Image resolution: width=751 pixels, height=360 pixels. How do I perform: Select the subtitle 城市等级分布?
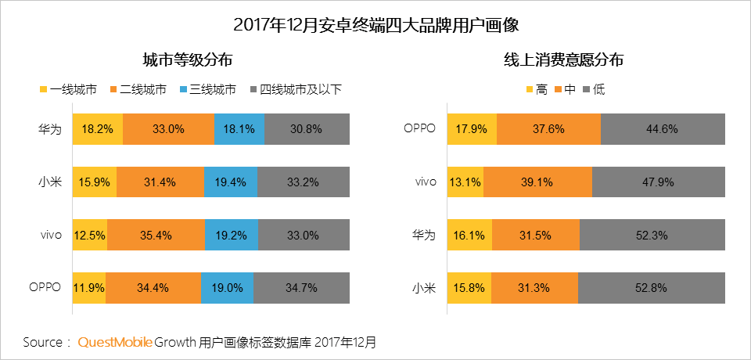(188, 60)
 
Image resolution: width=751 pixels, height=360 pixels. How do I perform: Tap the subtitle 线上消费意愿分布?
(563, 60)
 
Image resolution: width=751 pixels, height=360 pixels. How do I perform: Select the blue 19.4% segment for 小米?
(230, 182)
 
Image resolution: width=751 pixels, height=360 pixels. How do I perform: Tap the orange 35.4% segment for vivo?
(156, 234)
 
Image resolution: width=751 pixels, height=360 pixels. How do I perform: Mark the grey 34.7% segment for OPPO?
(301, 287)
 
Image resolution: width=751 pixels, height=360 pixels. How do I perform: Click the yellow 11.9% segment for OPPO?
(89, 287)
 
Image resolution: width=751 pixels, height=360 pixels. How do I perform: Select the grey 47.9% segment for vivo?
(659, 182)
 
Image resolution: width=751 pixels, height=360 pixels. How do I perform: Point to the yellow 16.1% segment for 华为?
(470, 234)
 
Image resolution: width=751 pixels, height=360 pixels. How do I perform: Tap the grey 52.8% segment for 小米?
(652, 287)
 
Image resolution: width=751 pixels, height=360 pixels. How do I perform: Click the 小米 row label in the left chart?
(49, 182)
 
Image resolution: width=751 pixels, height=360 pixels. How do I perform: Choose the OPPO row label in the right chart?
(419, 128)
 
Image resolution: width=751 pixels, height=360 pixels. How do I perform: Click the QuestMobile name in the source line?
(114, 343)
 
